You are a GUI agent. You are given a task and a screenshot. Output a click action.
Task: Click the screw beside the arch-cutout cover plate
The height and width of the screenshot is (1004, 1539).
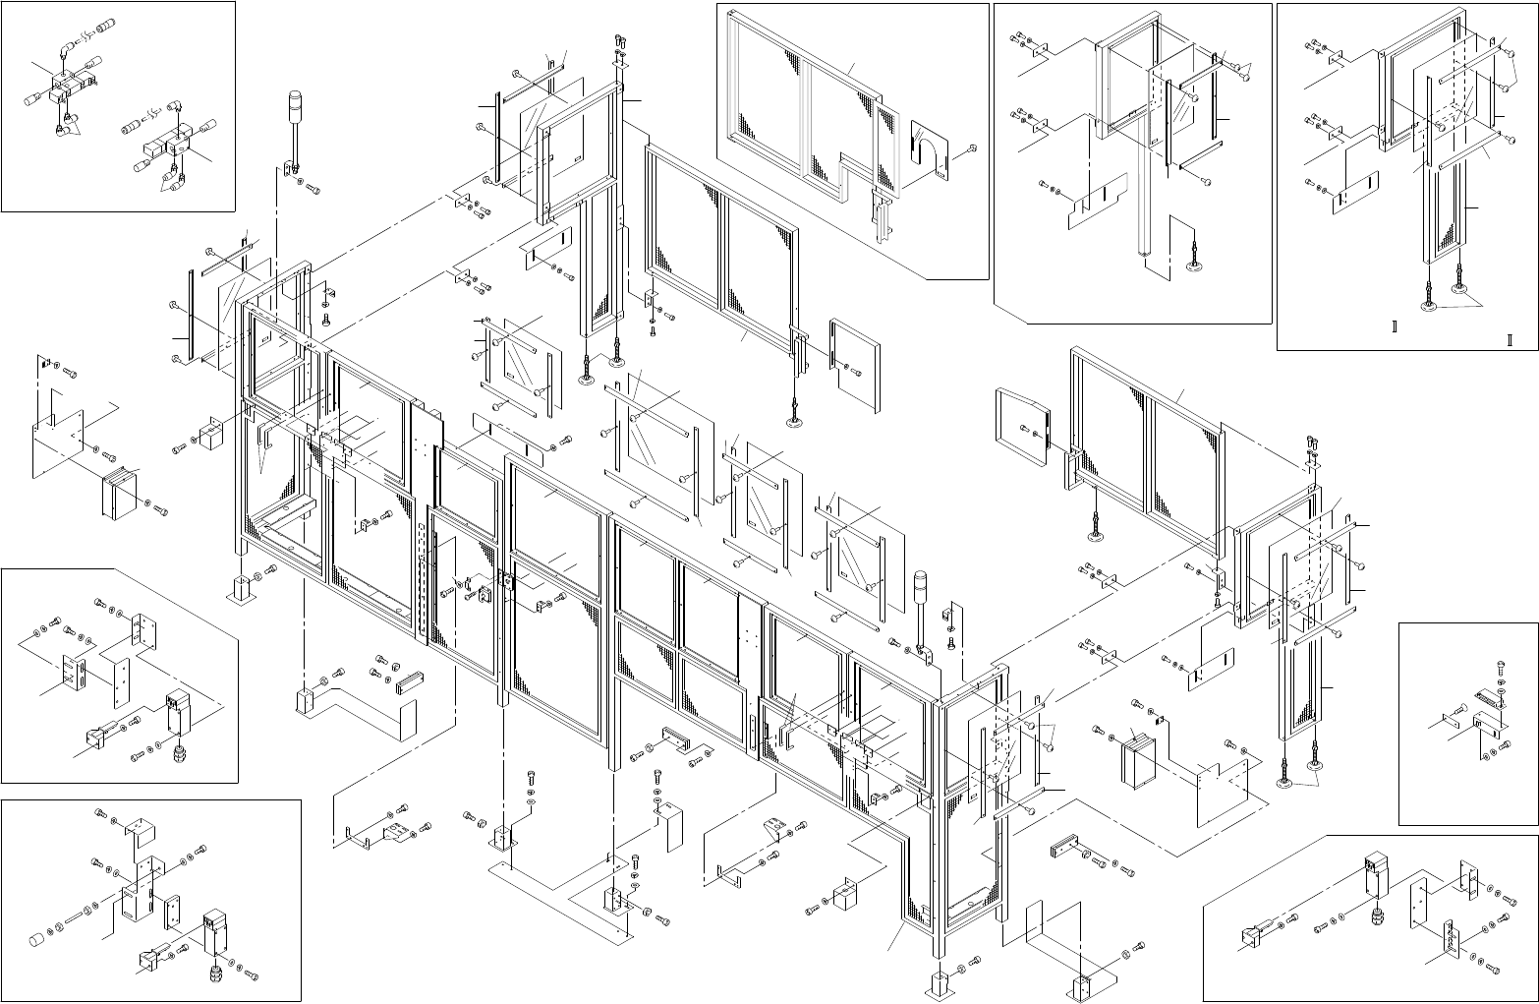click(x=972, y=148)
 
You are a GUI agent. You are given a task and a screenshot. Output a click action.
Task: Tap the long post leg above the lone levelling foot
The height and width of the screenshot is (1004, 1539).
click(x=1142, y=197)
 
